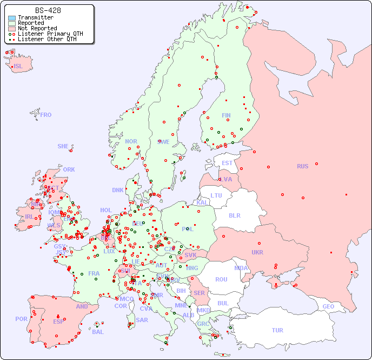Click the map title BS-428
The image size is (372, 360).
coord(48,10)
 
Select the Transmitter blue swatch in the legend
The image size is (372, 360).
coord(12,18)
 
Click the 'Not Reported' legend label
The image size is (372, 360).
coord(37,28)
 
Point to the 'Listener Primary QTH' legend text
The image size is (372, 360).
coord(50,34)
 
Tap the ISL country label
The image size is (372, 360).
coord(18,67)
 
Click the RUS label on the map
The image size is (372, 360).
coord(302,166)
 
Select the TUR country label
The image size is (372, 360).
coord(277,330)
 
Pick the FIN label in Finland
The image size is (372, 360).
coord(226,115)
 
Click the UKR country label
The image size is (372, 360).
coord(257,252)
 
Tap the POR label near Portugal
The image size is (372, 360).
coord(21,319)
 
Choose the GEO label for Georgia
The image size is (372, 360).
coord(328,306)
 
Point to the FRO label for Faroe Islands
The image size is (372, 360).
coord(46,115)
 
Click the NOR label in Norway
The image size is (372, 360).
coord(131,141)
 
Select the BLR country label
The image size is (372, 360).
coord(235,215)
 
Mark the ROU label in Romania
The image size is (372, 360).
coord(221,279)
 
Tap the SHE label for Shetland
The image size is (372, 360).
coord(63,146)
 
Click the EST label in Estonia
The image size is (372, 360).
coord(227,163)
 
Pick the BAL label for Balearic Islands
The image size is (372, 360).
coord(97,332)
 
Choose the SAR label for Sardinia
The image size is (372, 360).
coord(142,320)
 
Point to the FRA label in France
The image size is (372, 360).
coord(94,273)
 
